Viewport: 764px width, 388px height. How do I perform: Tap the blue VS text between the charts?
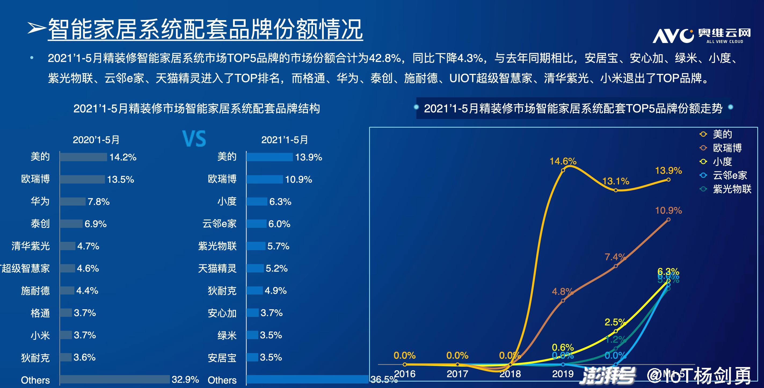tap(194, 139)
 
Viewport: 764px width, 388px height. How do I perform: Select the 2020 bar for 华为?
tap(73, 202)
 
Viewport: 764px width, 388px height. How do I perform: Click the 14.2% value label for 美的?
tap(123, 157)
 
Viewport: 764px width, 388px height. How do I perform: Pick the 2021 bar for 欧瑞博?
tap(264, 179)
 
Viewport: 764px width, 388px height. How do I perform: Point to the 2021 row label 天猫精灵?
tap(217, 268)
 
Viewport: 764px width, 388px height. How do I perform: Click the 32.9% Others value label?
tap(185, 379)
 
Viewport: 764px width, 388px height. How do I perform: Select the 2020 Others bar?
tap(115, 379)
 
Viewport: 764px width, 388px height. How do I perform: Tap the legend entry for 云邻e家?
tap(730, 175)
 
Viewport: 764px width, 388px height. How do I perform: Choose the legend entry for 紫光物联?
tap(732, 189)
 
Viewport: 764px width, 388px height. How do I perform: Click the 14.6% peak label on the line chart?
tap(563, 161)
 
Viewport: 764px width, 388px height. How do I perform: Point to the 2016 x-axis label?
tap(405, 374)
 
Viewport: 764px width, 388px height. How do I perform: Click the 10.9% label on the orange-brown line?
tap(668, 210)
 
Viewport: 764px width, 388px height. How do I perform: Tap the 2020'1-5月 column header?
tap(96, 140)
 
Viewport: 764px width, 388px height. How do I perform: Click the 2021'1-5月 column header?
tap(285, 140)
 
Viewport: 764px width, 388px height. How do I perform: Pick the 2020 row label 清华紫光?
tap(31, 246)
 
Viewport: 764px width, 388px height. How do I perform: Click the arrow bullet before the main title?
tap(36, 28)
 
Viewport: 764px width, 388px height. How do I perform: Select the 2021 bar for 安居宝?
tap(252, 357)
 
